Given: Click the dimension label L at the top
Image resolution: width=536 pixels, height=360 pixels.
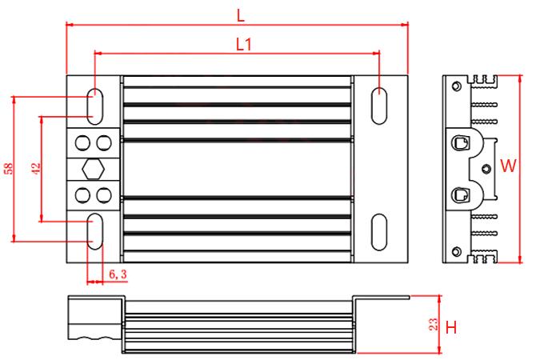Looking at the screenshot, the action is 241,15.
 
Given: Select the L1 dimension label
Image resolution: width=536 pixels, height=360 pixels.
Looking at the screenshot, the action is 244,45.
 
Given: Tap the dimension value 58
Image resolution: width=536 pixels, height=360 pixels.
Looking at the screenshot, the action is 9,168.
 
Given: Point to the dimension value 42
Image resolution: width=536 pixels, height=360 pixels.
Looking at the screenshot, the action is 36,168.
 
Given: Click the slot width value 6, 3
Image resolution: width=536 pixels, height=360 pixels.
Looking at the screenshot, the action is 118,274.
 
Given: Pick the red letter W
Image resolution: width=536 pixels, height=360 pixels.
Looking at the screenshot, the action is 508,166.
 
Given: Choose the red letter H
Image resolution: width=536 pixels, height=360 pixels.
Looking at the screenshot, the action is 451,327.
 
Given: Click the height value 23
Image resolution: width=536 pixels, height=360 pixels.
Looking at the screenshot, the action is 433,325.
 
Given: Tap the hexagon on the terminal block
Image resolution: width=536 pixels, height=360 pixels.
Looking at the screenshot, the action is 93,169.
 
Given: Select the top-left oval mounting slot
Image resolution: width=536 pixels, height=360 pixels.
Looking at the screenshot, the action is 95,106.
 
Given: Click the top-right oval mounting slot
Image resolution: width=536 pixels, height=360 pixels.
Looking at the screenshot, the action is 379,106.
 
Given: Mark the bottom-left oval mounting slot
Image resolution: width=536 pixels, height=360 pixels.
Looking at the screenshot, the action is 95,231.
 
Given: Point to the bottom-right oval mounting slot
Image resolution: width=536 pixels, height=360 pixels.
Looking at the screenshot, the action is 379,232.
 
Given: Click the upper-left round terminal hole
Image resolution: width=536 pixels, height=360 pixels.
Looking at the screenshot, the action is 82,143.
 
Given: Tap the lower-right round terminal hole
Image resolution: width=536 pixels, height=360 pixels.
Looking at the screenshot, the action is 104,195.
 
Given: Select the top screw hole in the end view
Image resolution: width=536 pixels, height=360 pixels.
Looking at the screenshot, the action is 456,86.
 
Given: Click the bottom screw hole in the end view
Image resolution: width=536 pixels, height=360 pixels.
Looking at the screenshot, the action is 456,252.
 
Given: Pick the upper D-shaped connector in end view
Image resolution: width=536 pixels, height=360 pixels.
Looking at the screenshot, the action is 460,142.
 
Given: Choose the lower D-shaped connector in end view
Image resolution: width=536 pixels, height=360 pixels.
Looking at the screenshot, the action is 460,195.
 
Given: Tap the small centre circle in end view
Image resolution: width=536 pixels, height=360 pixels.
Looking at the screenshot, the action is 486,169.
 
